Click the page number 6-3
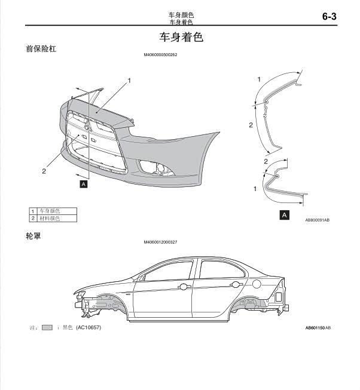click(330, 17)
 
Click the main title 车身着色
click(181, 37)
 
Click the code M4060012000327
click(161, 242)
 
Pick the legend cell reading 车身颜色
click(50, 211)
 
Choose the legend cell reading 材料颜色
click(50, 219)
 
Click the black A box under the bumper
click(84, 185)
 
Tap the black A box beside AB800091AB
click(285, 214)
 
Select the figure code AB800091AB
click(317, 220)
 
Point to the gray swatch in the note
click(48, 328)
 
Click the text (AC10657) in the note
click(89, 328)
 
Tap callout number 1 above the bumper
click(129, 80)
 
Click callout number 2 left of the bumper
click(44, 171)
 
